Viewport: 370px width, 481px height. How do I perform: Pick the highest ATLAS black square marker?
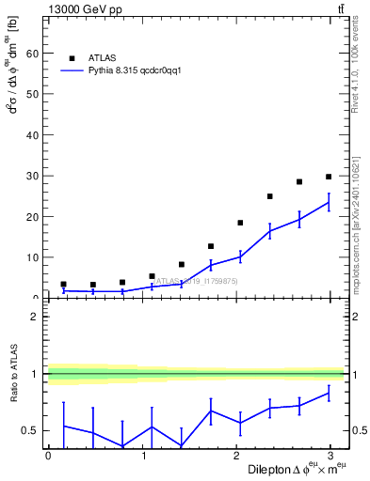329,177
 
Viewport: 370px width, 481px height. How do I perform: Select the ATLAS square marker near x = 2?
240,223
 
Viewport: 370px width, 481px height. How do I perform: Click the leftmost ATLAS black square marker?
63,284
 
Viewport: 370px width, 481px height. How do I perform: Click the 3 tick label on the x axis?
335,456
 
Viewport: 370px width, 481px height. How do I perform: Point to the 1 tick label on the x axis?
144,456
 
